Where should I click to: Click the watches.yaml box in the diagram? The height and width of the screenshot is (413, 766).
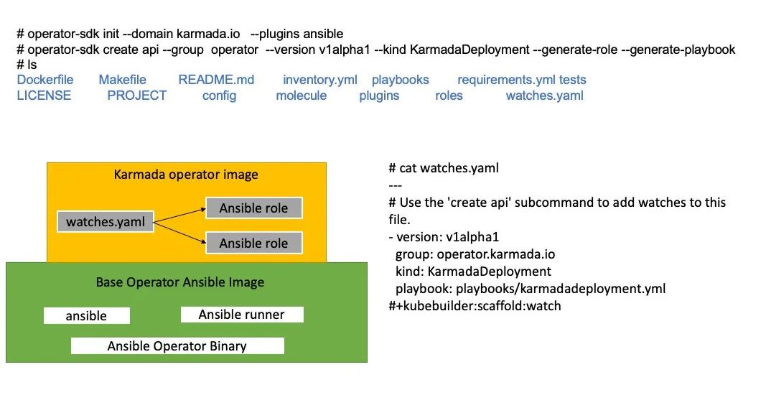point(105,222)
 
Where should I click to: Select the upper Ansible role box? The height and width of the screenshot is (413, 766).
point(253,208)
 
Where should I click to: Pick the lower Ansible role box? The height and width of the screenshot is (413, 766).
point(253,243)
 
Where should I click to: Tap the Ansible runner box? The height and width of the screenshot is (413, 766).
point(242,315)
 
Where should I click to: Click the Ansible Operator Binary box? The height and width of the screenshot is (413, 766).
point(177,346)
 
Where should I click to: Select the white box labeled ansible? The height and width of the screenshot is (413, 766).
point(86,316)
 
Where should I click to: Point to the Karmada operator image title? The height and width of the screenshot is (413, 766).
point(186,175)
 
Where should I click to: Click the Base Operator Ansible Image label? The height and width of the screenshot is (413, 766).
point(180,282)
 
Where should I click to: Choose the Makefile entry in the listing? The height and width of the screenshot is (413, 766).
point(122,80)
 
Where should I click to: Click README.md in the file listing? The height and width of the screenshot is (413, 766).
point(216,80)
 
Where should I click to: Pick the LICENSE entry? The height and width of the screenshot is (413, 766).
point(44,96)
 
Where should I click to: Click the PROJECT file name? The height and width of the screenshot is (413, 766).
point(136,96)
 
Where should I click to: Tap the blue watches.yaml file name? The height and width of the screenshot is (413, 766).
point(544,96)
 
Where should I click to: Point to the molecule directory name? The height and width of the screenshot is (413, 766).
point(301,96)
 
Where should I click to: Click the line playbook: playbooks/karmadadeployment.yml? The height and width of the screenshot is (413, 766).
point(531,289)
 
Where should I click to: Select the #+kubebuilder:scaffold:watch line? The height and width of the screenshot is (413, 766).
point(475,306)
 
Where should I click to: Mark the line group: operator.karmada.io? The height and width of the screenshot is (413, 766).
point(475,254)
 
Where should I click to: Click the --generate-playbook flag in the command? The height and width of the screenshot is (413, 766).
point(682,50)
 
